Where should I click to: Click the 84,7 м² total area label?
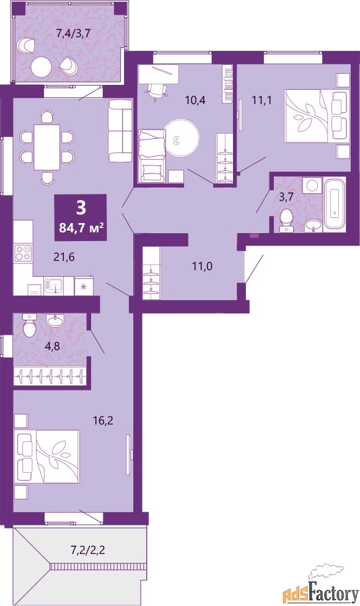(81, 227)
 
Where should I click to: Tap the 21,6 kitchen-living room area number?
(64, 255)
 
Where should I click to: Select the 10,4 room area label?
(195, 100)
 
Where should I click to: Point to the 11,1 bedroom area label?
(262, 100)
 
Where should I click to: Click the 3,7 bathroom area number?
(286, 197)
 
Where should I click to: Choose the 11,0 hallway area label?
(203, 266)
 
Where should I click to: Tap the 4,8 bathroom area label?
(52, 346)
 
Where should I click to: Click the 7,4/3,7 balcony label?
(73, 33)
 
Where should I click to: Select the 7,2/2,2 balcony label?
(89, 550)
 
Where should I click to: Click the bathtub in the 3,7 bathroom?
(335, 204)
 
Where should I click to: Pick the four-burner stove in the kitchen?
(22, 253)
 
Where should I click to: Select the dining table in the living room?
(46, 147)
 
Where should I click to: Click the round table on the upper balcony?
(41, 68)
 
